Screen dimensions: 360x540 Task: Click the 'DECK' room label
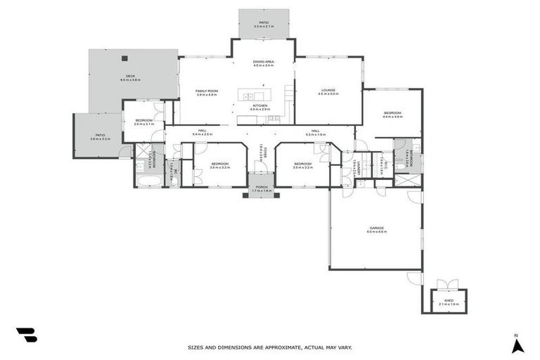(130, 76)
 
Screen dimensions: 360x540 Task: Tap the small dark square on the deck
(124, 58)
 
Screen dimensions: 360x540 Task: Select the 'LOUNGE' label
(328, 90)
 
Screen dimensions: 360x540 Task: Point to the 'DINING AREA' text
(263, 62)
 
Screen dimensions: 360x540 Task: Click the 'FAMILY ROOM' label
(207, 90)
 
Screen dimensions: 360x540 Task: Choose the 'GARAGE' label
(377, 227)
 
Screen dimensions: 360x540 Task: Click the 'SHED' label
(448, 300)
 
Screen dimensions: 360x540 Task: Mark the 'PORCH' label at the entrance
(261, 186)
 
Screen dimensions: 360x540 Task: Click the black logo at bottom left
(26, 335)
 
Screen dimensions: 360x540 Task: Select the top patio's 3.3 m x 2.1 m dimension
(263, 27)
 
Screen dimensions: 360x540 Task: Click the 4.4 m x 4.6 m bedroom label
(392, 116)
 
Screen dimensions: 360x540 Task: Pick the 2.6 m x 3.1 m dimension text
(143, 124)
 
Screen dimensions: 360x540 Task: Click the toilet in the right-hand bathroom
(417, 148)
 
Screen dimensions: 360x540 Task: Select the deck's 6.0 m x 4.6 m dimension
(130, 80)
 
